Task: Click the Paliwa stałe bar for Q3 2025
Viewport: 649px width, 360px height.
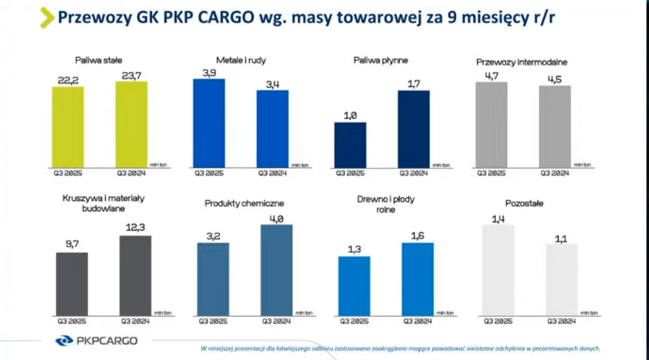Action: [x=68, y=126]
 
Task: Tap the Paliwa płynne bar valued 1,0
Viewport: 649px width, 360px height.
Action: [x=350, y=145]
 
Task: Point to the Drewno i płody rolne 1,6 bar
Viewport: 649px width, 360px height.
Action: [x=418, y=279]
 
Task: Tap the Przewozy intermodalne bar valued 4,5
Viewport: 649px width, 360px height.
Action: [x=555, y=126]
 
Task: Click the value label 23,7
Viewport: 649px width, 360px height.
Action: [x=132, y=75]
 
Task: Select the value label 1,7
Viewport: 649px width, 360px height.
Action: [x=413, y=83]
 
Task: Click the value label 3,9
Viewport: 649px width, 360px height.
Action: [x=209, y=72]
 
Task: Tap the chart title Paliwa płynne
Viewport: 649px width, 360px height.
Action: [x=381, y=60]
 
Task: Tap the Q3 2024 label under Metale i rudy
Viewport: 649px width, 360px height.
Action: [x=273, y=173]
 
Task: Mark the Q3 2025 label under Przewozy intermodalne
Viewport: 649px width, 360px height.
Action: [x=492, y=173]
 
